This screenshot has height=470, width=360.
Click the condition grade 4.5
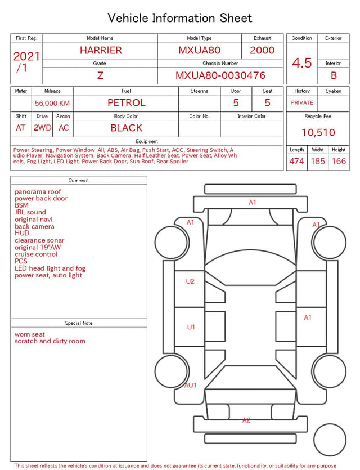coord(302,63)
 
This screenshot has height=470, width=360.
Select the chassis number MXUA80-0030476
coord(220,75)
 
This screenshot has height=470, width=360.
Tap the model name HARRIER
coord(101,50)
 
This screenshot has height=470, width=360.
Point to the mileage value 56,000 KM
coord(52,104)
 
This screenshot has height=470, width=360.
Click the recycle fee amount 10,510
coord(318,132)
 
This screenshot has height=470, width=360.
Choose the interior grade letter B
coord(334,75)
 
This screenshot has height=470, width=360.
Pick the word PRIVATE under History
coord(302,102)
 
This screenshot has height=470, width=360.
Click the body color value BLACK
coord(127,128)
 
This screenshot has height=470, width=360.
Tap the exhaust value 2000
coord(262,50)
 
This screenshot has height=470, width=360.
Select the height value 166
coord(339,161)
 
